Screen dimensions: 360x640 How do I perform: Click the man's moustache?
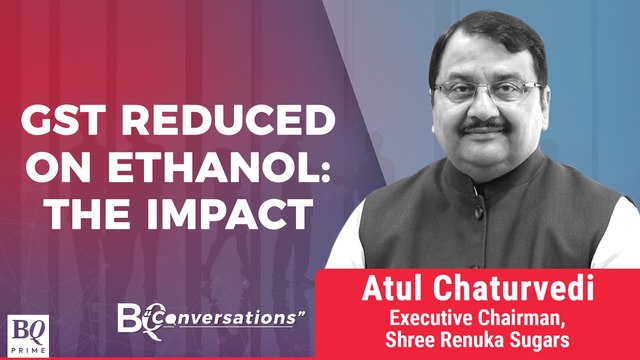click(486, 129)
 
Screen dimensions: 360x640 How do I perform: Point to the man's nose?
click(485, 108)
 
